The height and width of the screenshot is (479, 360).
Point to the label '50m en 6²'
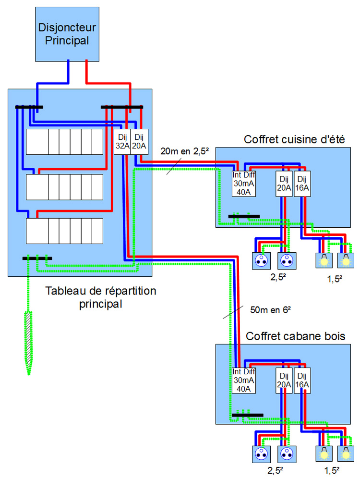(x=271, y=310)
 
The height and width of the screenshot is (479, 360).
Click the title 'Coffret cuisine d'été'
(x=291, y=140)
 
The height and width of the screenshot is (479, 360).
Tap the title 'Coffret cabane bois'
(x=295, y=336)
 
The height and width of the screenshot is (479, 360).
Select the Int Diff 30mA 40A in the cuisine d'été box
(x=244, y=184)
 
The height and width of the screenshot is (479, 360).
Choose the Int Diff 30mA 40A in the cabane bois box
(x=244, y=380)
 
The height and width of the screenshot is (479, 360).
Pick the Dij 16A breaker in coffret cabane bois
(x=301, y=380)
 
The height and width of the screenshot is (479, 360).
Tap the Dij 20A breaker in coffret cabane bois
(x=284, y=380)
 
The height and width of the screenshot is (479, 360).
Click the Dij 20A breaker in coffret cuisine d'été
(x=283, y=184)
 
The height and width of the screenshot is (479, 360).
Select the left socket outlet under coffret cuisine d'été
(x=261, y=261)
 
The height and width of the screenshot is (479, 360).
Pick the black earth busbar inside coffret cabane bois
(x=247, y=414)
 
